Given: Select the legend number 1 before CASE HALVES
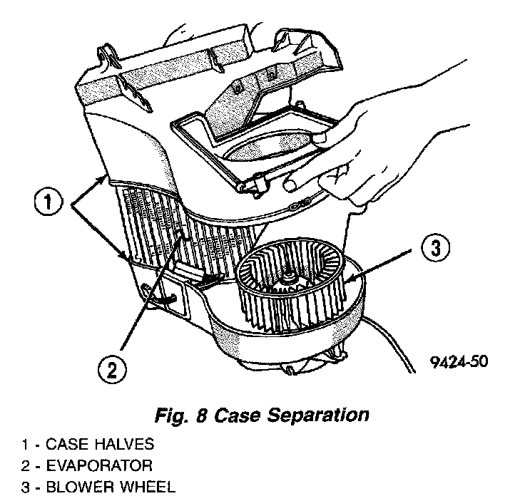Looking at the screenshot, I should (x=24, y=445).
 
